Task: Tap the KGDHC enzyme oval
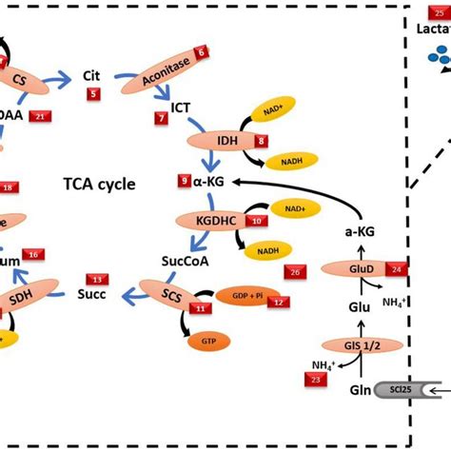click(211, 220)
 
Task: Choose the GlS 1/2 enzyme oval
click(357, 345)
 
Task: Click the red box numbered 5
click(92, 93)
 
